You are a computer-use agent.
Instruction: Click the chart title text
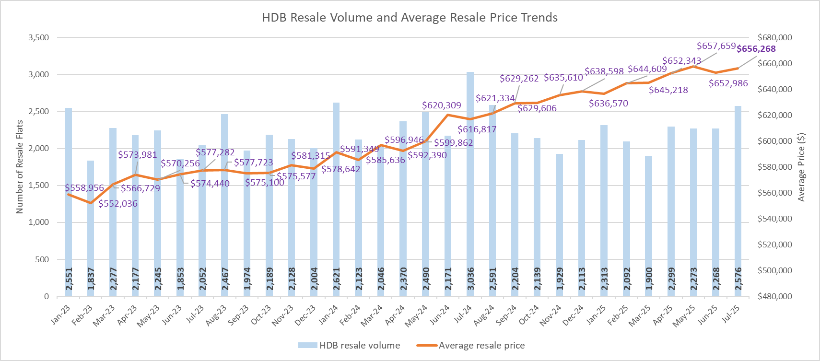pos(410,18)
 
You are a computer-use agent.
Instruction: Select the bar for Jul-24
pos(470,192)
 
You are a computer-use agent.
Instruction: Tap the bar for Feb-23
pos(91,230)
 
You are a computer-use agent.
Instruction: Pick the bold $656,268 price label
pos(756,49)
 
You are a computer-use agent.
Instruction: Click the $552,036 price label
pos(118,204)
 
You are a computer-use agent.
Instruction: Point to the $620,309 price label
pos(441,105)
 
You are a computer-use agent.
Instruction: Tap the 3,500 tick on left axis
pos(39,37)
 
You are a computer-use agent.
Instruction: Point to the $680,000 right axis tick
pos(774,37)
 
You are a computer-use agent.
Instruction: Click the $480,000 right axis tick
pos(774,296)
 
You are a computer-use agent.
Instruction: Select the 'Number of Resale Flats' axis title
pos(20,167)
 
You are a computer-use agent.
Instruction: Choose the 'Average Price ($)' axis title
pos(801,167)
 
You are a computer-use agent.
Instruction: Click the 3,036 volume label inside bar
pos(470,279)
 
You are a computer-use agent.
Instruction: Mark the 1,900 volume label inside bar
pos(649,279)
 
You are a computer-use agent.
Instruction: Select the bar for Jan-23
pos(69,201)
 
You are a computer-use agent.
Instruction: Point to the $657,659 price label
pos(716,46)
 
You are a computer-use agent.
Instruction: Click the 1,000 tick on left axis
pos(39,222)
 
